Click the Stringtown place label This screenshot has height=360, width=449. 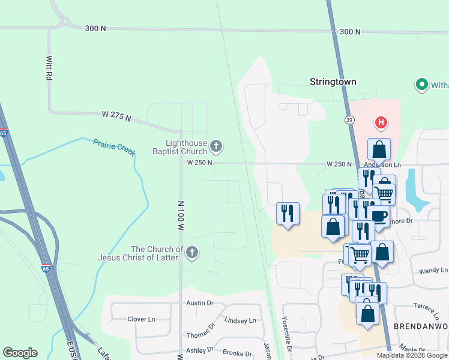click(x=333, y=82)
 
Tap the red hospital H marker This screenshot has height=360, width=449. click(x=381, y=123)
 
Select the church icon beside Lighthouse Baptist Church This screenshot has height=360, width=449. click(x=216, y=145)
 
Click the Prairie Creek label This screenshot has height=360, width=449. click(x=114, y=146)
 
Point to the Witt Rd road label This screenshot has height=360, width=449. click(x=49, y=69)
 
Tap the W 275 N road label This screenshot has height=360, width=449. click(x=116, y=116)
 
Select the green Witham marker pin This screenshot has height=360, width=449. click(x=421, y=85)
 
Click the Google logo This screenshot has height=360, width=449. click(x=20, y=353)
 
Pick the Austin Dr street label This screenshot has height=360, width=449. click(x=199, y=304)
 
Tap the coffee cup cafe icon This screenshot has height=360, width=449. click(x=378, y=216)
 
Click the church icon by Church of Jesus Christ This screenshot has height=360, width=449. click(x=191, y=252)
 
